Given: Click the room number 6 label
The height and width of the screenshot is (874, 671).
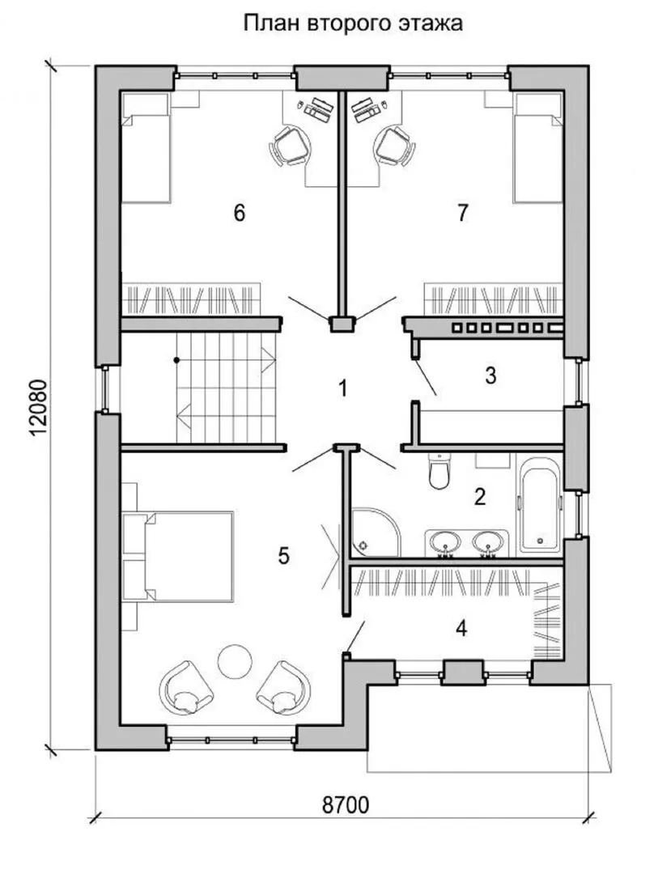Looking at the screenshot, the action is [239, 212].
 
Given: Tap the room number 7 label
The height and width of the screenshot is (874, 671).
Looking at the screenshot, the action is [462, 212].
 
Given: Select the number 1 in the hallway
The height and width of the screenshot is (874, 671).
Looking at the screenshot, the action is [342, 388].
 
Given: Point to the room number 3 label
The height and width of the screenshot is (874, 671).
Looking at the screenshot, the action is [491, 375].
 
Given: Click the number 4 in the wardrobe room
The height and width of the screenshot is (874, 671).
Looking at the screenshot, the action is [461, 628].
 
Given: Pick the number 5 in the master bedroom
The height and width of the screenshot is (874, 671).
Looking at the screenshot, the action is [283, 555].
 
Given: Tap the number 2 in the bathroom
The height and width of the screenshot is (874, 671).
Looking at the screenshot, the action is [480, 496].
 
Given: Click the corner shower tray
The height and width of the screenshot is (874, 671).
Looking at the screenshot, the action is [375, 532].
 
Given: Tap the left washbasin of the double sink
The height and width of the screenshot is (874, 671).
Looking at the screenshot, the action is [444, 541].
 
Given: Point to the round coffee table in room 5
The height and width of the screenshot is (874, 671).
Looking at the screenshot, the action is [234, 661].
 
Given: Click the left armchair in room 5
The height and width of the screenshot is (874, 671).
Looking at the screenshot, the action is [187, 687].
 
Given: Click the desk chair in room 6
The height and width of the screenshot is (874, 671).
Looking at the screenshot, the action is [290, 146].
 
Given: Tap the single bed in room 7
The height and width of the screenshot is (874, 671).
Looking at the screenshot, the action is [537, 147].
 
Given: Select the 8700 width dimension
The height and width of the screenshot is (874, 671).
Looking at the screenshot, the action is [346, 805].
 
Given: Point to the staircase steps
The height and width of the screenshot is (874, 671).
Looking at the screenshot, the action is [227, 388].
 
